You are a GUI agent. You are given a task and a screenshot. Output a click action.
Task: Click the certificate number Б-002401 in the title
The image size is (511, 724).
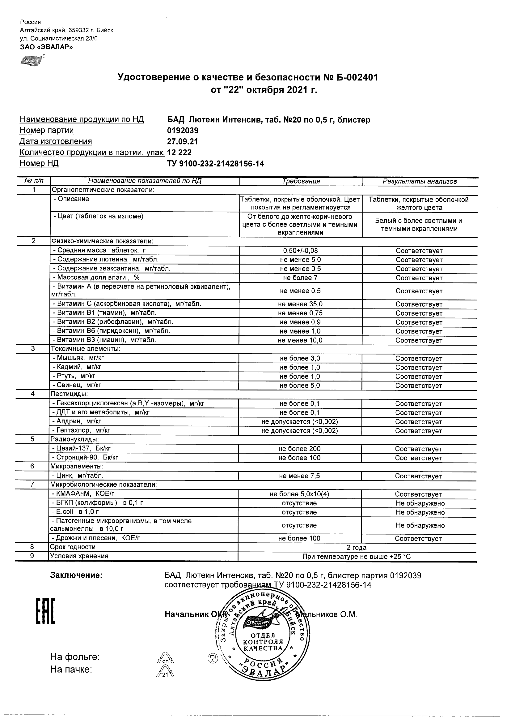(353, 77)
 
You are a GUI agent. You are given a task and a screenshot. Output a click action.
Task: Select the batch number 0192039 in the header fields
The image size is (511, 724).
(183, 130)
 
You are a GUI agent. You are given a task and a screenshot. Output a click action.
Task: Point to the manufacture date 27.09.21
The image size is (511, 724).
(183, 141)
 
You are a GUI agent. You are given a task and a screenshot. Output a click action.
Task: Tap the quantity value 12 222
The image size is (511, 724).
(179, 152)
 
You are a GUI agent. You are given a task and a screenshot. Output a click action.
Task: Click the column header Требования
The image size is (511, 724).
(301, 181)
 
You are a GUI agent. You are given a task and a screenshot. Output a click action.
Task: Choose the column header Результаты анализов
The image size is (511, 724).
(420, 181)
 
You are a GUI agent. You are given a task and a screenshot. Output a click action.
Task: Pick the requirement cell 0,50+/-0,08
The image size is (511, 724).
(300, 251)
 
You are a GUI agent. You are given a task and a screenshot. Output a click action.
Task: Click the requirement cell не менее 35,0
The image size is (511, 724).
(300, 304)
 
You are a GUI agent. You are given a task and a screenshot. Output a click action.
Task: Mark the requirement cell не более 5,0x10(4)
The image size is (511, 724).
(299, 494)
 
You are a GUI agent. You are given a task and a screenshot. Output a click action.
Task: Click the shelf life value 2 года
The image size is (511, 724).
(357, 547)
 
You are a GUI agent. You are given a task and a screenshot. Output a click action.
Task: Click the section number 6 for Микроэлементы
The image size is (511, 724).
(32, 466)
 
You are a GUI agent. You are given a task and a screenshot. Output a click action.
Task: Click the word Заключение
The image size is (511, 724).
(76, 575)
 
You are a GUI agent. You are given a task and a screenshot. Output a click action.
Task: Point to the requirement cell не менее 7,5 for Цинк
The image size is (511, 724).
(299, 476)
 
